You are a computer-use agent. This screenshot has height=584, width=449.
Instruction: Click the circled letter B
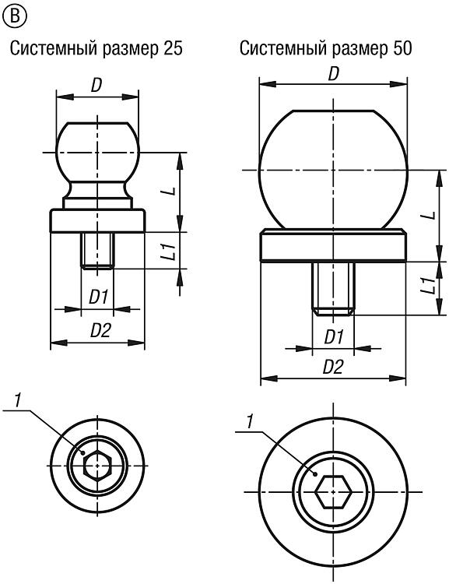[x=14, y=16]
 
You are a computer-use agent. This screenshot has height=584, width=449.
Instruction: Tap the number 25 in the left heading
[x=173, y=48]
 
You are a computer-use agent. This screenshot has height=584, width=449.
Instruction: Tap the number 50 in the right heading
[x=402, y=48]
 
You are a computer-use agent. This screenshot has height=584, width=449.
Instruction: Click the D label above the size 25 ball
[x=96, y=86]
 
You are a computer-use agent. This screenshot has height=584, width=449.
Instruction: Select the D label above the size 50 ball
[x=333, y=75]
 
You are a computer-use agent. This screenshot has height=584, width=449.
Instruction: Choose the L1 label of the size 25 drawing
[x=169, y=250]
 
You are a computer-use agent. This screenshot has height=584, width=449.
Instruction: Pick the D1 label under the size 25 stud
[x=97, y=297]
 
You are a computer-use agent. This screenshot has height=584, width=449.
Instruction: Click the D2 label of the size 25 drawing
[x=100, y=330]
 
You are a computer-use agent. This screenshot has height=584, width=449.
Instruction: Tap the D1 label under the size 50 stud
[x=333, y=337]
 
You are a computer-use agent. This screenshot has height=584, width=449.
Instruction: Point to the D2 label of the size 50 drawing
[x=332, y=368]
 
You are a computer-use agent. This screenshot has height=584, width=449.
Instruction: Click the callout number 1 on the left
[x=17, y=400]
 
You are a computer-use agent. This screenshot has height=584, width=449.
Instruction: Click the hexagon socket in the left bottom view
[x=97, y=465]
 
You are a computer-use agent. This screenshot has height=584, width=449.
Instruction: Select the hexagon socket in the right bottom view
[x=333, y=491]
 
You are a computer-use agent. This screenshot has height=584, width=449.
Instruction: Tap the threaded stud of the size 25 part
[x=97, y=250]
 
